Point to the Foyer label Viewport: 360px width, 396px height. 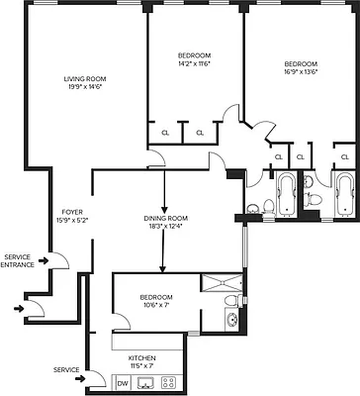click(x=72, y=210)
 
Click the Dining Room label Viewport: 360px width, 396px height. click(x=161, y=218)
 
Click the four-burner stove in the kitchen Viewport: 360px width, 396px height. click(x=168, y=382)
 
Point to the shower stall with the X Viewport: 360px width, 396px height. click(x=221, y=282)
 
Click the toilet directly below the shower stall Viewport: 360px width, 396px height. click(x=230, y=300)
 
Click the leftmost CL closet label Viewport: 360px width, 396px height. click(x=163, y=133)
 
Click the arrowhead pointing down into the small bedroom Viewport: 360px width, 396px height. click(x=161, y=267)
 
